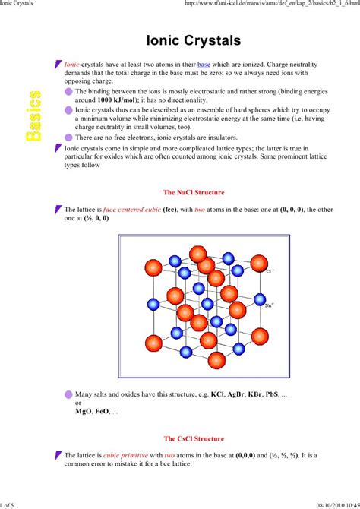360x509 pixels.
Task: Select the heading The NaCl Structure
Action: click(x=194, y=193)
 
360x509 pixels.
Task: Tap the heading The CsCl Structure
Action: click(x=194, y=438)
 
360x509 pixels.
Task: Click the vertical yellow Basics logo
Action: click(x=33, y=115)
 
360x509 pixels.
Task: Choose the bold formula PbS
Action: click(x=289, y=395)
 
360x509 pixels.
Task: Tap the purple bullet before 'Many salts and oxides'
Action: click(x=69, y=395)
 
